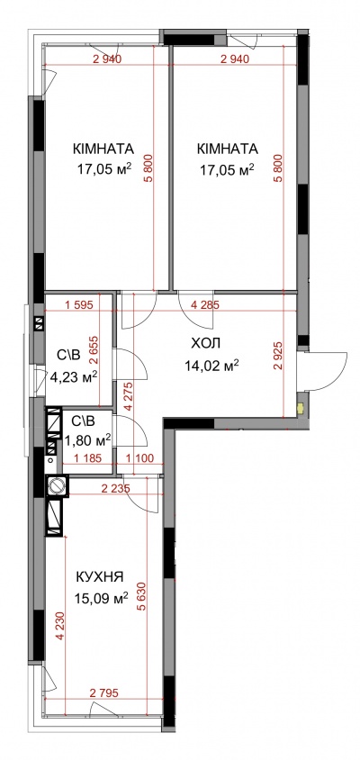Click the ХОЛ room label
(206, 344)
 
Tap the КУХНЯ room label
(100, 577)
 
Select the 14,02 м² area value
(211, 365)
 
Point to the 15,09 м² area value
(102, 598)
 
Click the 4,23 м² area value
(74, 376)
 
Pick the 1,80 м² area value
(87, 439)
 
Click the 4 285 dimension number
(206, 305)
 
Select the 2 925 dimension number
(276, 357)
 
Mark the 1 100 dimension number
(139, 457)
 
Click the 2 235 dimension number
(116, 489)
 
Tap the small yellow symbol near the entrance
(301, 409)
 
